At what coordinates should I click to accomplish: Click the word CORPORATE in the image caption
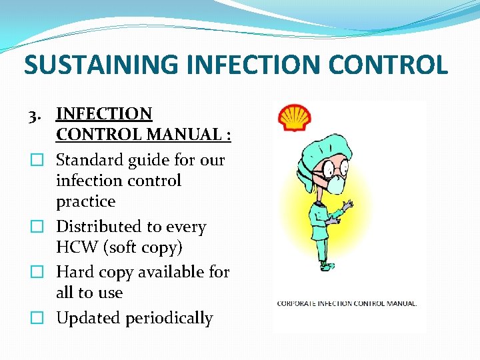298,303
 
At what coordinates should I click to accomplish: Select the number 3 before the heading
33,115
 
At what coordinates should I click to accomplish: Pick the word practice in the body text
85,201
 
